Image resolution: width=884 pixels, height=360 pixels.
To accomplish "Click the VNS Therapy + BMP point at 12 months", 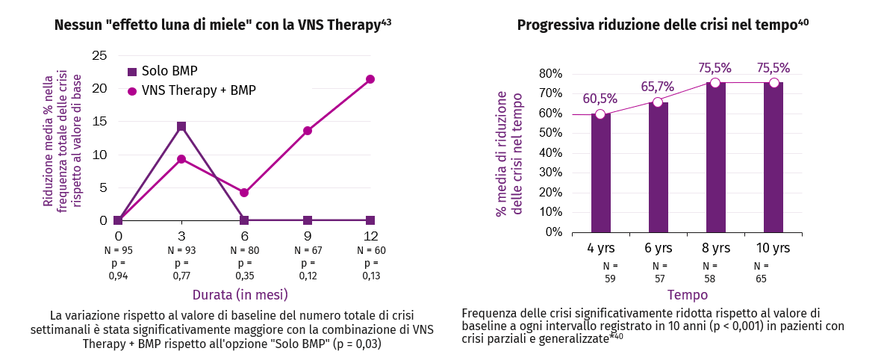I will coord(370,79).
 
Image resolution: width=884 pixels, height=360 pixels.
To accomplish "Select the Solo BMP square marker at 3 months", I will coord(181,126).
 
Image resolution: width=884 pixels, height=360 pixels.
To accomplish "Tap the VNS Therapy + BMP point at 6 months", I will coord(244,193).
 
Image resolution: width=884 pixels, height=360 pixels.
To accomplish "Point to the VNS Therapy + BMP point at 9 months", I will coord(308,131).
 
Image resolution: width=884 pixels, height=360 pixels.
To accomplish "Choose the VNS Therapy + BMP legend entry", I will coord(191,90).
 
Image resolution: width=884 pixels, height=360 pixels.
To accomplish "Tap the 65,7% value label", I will coord(657,87).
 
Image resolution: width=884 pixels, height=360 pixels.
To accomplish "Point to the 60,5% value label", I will coord(600,99).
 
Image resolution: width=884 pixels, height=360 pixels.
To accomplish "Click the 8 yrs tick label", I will coord(715,247).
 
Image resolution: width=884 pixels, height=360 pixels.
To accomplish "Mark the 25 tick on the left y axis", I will coord(100,55).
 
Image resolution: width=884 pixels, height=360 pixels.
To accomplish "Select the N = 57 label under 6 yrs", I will coord(659,272).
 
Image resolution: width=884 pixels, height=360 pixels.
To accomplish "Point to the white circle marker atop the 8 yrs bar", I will coord(715,83).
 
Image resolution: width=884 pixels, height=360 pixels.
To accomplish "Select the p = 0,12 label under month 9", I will coord(308,270).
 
